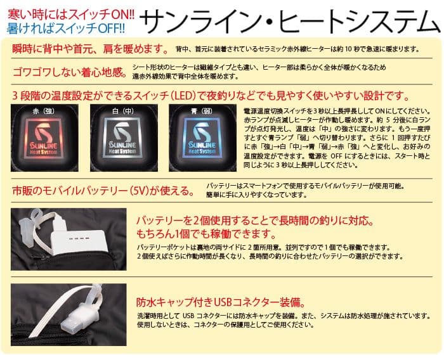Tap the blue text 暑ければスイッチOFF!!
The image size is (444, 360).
pos(67,28)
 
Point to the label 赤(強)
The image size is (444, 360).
pos(48,110)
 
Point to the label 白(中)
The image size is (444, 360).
pos(124,110)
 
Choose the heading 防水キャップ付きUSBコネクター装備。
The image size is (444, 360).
pos(222,302)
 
